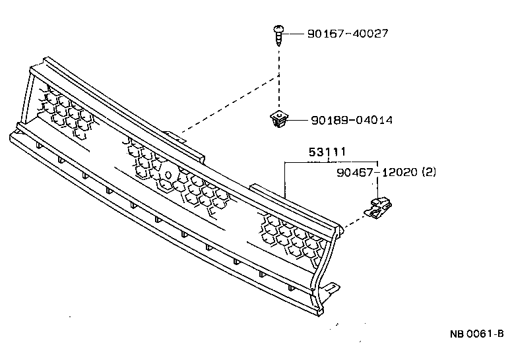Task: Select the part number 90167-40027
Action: (x=346, y=33)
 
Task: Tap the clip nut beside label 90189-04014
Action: (x=280, y=120)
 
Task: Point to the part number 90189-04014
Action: (x=352, y=121)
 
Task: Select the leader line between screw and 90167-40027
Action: (x=294, y=33)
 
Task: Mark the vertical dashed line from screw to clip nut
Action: (x=280, y=79)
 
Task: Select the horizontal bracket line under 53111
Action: (x=330, y=162)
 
